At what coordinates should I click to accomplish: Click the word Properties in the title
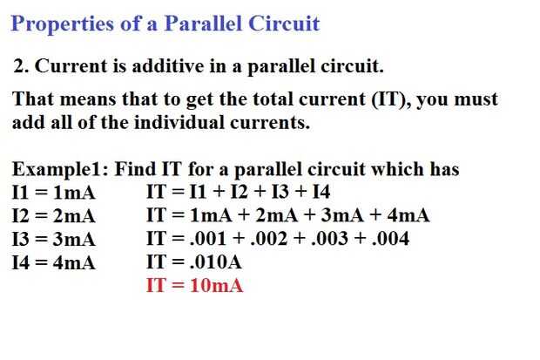(x=63, y=24)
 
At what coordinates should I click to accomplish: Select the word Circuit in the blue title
(x=284, y=24)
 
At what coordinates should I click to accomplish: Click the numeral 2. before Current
(x=22, y=66)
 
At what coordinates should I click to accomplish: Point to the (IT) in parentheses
(x=391, y=99)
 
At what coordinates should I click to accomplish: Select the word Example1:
(x=60, y=170)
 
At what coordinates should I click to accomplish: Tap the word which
(x=397, y=169)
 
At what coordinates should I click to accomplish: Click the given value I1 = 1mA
(x=53, y=193)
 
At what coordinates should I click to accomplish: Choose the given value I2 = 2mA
(x=53, y=216)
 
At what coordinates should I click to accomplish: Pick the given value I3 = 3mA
(x=53, y=240)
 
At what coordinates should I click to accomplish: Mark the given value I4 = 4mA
(x=53, y=262)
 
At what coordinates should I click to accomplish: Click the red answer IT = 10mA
(x=194, y=286)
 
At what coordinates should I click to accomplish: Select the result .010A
(x=216, y=262)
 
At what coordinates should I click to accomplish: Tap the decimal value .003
(x=329, y=239)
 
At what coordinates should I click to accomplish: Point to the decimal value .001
(x=208, y=239)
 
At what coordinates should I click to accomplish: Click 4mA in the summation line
(x=408, y=215)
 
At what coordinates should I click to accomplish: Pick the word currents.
(x=270, y=123)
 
